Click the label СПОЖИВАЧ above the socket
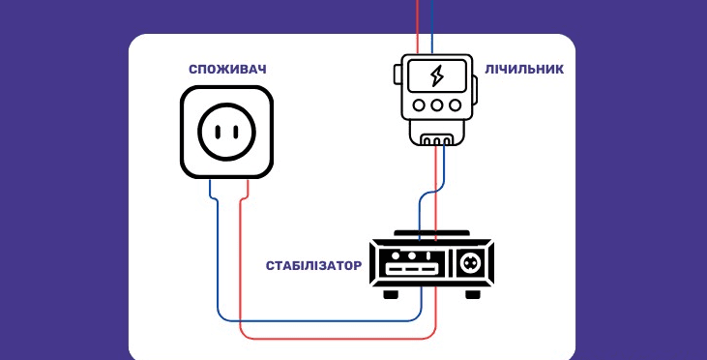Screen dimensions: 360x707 tap(227, 70)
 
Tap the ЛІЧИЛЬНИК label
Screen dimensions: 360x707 tap(525, 70)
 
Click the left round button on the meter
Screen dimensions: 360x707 tap(419, 104)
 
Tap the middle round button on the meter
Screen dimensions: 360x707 tap(436, 104)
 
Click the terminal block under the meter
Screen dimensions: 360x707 tap(437, 139)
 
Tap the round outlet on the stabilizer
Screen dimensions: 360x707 tap(471, 261)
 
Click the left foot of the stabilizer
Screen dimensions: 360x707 tap(391, 292)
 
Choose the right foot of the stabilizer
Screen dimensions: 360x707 tap(473, 292)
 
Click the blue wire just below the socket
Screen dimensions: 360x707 tap(212, 194)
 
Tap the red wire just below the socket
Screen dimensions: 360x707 tap(247, 194)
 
